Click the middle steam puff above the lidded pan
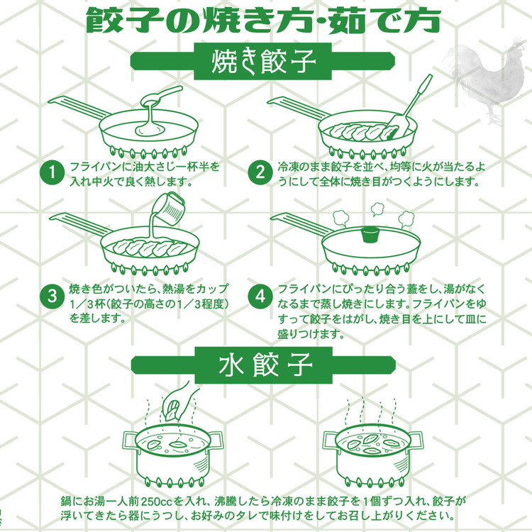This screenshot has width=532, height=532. click(x=376, y=209)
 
